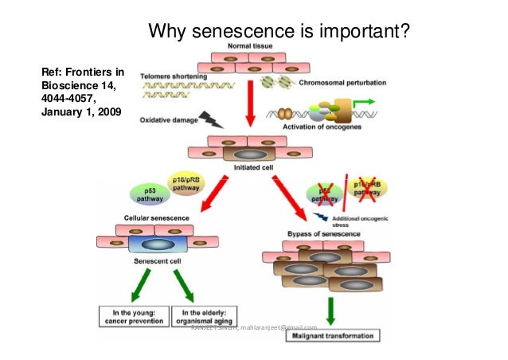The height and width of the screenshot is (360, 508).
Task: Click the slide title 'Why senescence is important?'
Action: coord(280,32)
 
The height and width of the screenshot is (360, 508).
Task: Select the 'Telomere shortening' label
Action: coord(174,76)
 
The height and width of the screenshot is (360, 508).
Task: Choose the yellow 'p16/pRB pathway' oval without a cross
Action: coord(185,185)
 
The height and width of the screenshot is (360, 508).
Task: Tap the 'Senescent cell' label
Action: coord(139,261)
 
